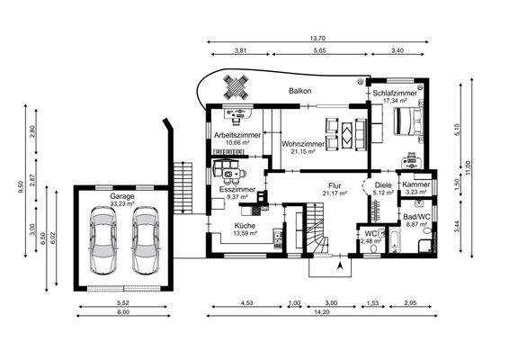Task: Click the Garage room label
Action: coord(122,195)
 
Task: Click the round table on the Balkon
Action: coord(237,87)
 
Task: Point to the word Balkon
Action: coord(299,92)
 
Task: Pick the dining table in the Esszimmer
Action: coord(231,171)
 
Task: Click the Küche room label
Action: coord(246,226)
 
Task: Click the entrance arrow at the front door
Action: coord(339,266)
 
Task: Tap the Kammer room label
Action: coord(416,184)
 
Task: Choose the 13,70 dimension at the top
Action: coord(316,38)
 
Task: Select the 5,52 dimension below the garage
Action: coord(124,305)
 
